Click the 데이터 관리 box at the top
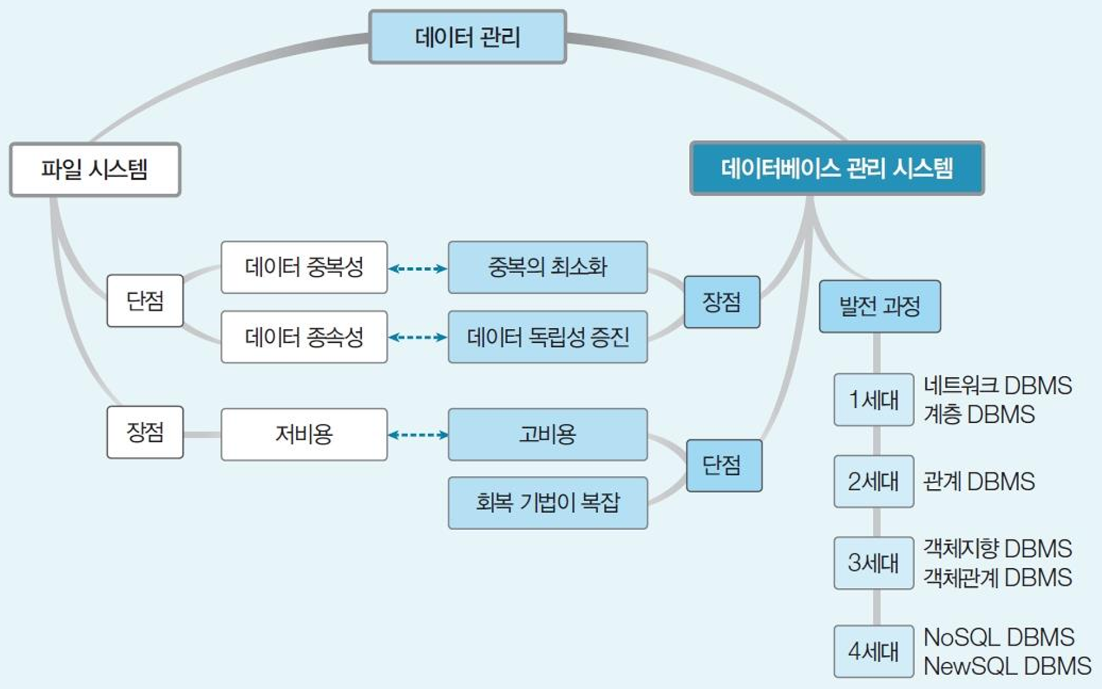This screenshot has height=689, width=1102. pyautogui.click(x=467, y=37)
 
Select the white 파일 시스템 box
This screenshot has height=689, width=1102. pyautogui.click(x=95, y=169)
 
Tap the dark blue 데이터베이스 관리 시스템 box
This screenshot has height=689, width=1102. pyautogui.click(x=837, y=168)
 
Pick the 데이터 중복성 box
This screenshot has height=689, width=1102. pyautogui.click(x=304, y=267)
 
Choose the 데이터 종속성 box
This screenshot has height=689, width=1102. pyautogui.click(x=304, y=337)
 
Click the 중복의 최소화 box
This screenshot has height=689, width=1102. pyautogui.click(x=548, y=267)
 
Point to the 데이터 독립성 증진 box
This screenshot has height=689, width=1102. pyautogui.click(x=548, y=337)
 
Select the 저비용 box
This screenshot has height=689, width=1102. pyautogui.click(x=304, y=435)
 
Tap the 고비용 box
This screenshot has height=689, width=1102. pyautogui.click(x=548, y=435)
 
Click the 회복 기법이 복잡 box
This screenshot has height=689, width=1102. pyautogui.click(x=548, y=503)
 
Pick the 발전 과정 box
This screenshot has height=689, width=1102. pyautogui.click(x=880, y=306)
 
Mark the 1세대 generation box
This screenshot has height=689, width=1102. pyautogui.click(x=874, y=400)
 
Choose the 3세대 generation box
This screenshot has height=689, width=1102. pyautogui.click(x=874, y=563)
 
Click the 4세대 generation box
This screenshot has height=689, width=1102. pyautogui.click(x=874, y=652)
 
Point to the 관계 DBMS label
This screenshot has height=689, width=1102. pyautogui.click(x=979, y=482)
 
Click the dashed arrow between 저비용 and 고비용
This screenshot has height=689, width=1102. pyautogui.click(x=418, y=435)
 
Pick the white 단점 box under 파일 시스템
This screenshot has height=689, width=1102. pyautogui.click(x=145, y=301)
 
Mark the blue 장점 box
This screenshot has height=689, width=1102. pyautogui.click(x=722, y=302)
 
